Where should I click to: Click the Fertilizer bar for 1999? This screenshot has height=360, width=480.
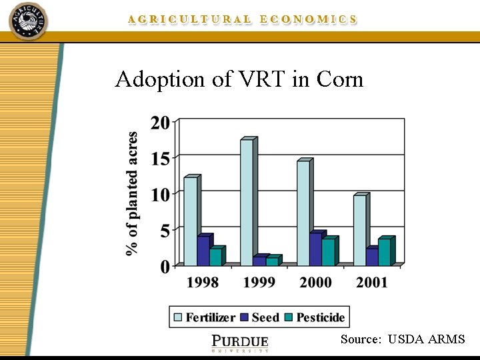click(247, 203)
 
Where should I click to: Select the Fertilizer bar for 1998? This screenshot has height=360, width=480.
click(190, 221)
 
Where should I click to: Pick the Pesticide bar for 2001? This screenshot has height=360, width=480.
click(384, 252)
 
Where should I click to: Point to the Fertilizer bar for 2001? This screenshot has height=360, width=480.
click(359, 230)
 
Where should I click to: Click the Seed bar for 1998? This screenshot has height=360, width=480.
click(203, 251)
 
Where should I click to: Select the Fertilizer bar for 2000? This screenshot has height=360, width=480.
click(303, 213)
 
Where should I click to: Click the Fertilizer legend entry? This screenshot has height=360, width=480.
click(204, 317)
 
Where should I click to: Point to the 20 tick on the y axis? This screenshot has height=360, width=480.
click(161, 123)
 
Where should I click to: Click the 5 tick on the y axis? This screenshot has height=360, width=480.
click(165, 230)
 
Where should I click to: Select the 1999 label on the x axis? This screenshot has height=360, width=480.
click(259, 282)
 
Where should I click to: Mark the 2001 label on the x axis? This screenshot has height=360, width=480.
click(372, 282)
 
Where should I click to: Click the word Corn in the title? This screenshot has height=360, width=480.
click(340, 79)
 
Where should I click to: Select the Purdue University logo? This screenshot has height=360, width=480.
click(240, 342)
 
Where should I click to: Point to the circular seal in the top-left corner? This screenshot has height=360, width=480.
click(28, 21)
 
